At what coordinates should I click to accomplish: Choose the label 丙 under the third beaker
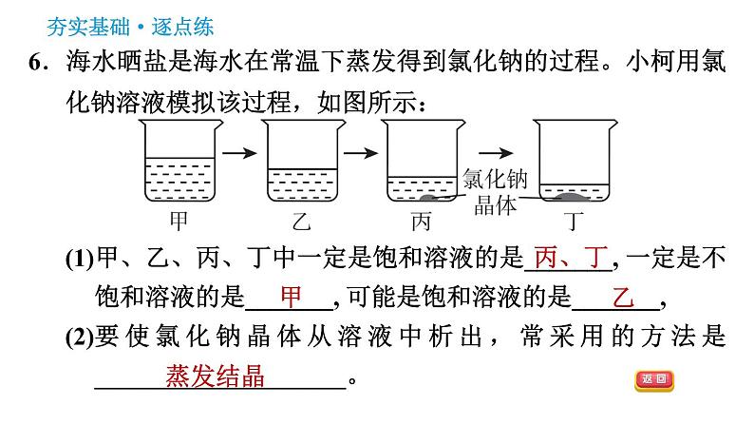pos(422,222)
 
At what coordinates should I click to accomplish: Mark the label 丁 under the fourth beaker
pos(571,222)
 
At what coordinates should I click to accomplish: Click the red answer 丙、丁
pos(570,258)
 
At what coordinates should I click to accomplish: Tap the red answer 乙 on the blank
pos(623,298)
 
